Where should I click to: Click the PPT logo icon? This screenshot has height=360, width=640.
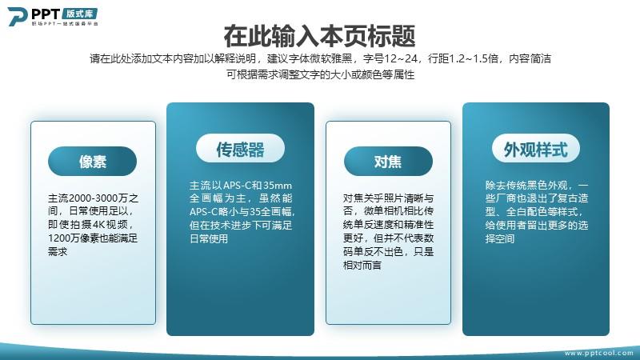pos(17,16)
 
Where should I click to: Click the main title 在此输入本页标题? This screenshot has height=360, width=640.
pos(319,36)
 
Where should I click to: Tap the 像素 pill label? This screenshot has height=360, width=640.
pos(92,162)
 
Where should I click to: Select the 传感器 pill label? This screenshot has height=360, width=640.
pos(240,149)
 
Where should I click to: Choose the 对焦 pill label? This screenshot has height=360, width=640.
pos(388,162)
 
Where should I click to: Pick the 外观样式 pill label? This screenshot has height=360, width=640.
pos(535,149)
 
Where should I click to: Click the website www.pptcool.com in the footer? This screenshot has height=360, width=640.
pos(598,353)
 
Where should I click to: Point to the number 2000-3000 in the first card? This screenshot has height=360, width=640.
pos(94,198)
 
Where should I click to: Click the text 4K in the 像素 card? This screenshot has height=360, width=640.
pos(99,225)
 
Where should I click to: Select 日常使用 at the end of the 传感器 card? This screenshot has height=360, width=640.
pos(209,238)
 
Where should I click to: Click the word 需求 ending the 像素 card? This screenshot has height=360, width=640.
pos(58,251)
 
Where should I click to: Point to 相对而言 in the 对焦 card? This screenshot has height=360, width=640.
pos(362,265)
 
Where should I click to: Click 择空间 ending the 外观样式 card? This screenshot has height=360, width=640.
pos(499,238)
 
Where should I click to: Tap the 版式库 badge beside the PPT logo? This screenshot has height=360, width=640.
pos(79,14)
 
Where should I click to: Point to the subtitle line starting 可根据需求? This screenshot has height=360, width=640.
pos(321,74)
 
